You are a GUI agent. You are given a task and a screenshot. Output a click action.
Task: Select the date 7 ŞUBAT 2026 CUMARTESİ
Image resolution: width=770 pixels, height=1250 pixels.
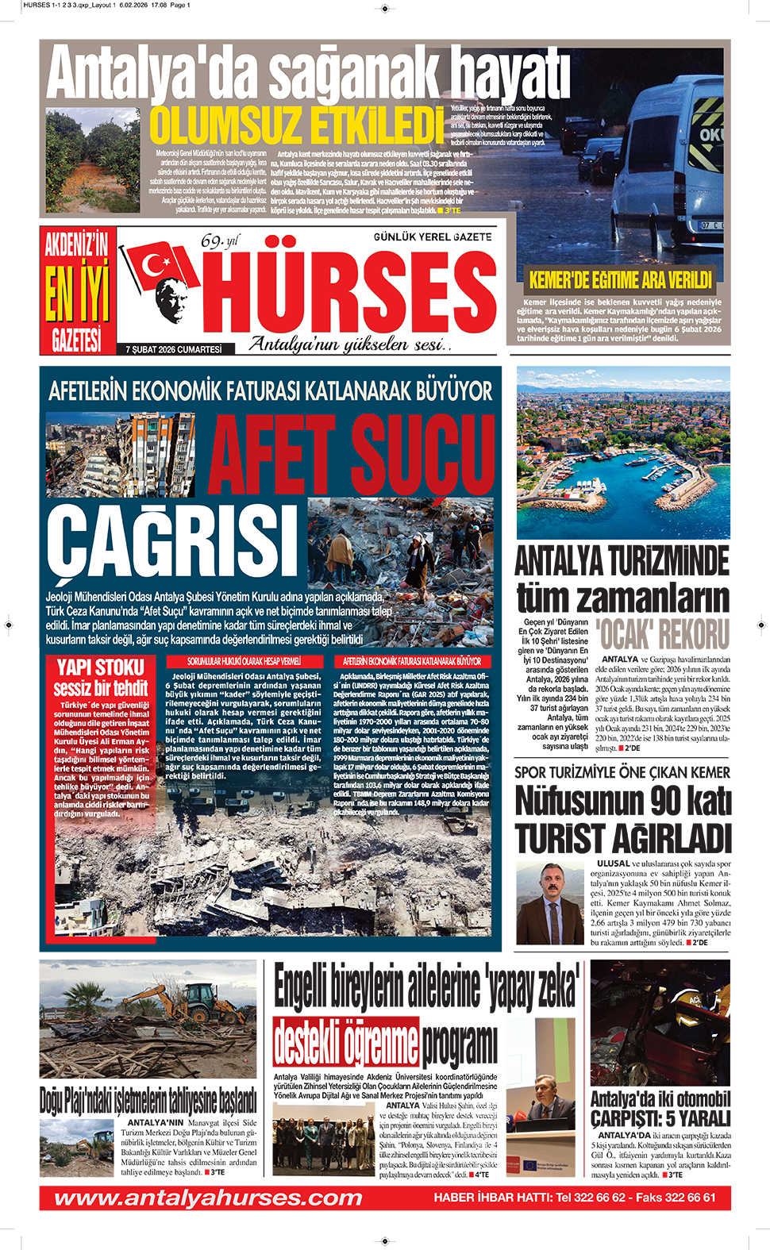[173, 349]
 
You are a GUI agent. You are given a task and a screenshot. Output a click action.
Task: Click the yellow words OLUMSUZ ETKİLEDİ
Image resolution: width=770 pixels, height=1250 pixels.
[296, 125]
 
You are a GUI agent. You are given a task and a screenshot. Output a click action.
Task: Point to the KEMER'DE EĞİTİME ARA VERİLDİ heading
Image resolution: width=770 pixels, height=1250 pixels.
[620, 279]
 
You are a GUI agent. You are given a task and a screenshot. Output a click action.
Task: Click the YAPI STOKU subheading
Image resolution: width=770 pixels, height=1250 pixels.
[101, 667]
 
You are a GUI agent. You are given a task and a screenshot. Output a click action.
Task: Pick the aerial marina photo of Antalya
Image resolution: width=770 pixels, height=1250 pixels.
[623, 452]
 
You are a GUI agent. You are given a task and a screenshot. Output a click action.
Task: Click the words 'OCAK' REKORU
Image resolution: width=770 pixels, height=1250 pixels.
[662, 635]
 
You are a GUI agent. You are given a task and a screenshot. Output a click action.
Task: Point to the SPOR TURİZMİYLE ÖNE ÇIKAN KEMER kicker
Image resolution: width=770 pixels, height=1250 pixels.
[622, 772]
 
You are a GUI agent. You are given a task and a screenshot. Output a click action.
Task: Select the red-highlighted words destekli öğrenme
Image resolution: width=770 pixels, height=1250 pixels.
[345, 1042]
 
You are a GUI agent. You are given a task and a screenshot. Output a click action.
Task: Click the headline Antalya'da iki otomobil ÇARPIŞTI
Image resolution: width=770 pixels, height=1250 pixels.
[660, 1109]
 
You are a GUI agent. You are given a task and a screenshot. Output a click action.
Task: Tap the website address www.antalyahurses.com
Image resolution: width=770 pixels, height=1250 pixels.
[208, 1198]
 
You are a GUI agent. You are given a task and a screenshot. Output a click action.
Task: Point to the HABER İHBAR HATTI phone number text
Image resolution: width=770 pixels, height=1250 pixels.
[574, 1198]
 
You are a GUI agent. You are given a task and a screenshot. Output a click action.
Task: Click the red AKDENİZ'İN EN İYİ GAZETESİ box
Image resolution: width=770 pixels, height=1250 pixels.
[77, 290]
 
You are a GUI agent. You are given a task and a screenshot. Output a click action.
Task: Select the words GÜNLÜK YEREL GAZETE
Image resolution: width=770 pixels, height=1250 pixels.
[433, 237]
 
